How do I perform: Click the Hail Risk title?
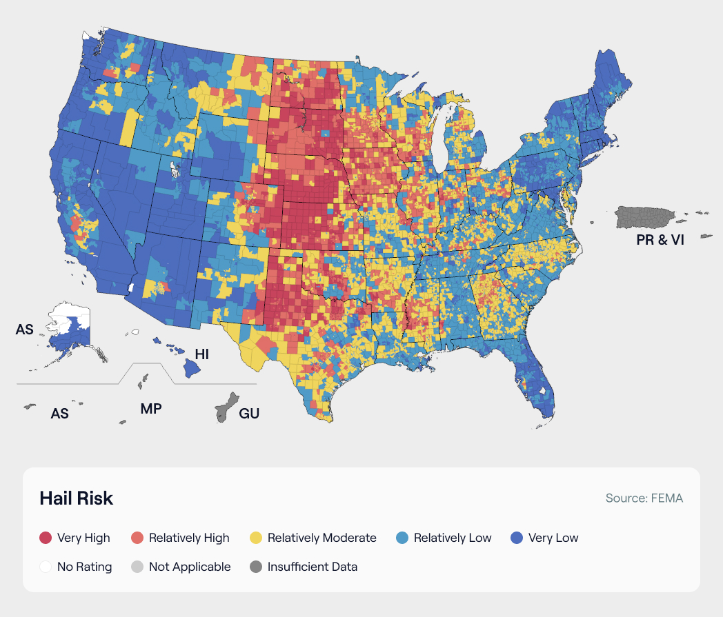coord(76,498)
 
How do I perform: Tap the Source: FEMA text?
coord(644,498)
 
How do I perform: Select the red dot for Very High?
coord(46,538)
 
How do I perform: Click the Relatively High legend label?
coord(189,538)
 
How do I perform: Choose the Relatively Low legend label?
coord(453,538)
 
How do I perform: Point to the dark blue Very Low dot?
coord(517,538)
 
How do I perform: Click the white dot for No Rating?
coord(46,567)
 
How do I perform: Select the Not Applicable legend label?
coord(190,567)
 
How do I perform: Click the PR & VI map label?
coord(660,241)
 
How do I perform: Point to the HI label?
coord(201,354)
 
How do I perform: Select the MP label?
coord(151,408)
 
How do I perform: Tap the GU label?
coord(249,414)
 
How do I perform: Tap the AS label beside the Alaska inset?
coord(25,330)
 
